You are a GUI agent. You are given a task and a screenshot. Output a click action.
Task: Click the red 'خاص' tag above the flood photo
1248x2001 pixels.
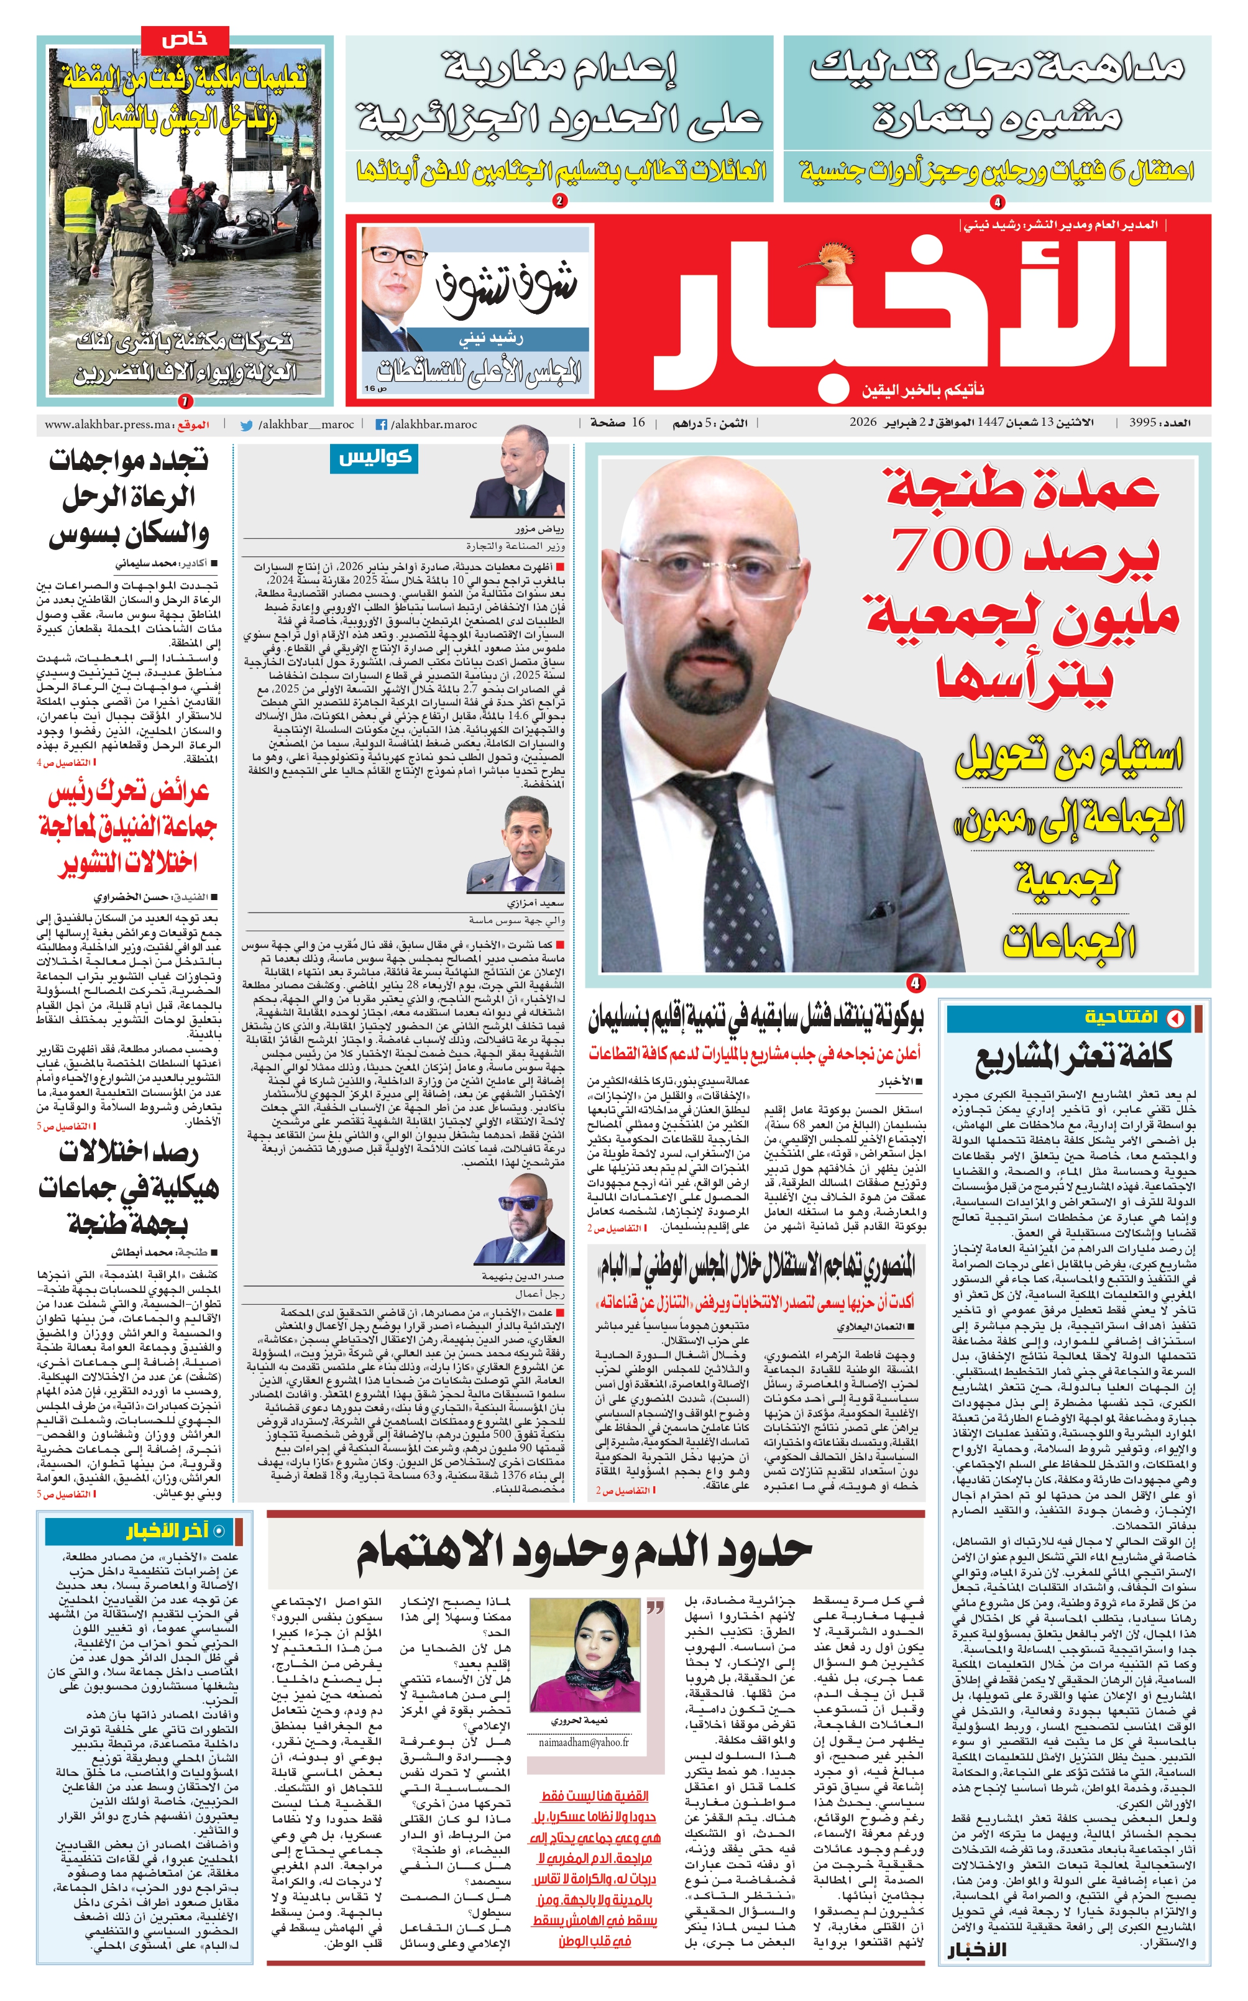[x=185, y=39]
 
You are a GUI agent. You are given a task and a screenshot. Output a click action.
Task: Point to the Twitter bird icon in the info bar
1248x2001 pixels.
[x=246, y=425]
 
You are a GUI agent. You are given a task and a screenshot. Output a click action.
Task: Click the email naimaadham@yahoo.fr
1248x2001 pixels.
[x=584, y=1719]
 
